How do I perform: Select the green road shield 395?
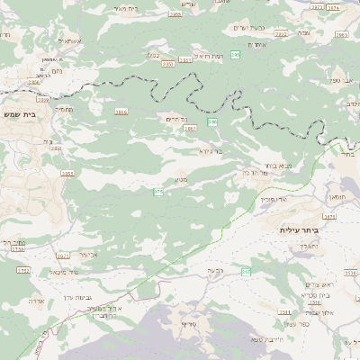tap(235, 56)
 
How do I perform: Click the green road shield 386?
tap(213, 121)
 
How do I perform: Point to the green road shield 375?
tap(158, 192)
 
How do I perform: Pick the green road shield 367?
tap(246, 271)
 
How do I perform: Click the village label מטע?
tap(179, 178)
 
